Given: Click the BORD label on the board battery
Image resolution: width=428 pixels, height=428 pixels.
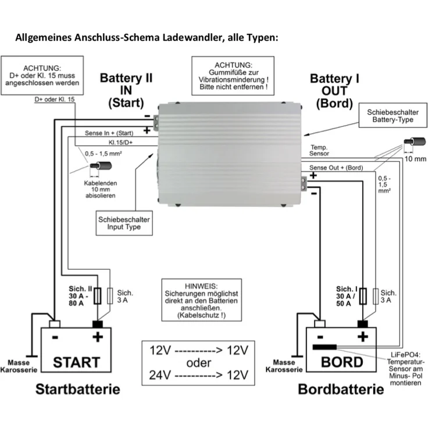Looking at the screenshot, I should point(343,362).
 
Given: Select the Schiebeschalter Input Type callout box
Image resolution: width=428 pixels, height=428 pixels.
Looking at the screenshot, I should point(123,223).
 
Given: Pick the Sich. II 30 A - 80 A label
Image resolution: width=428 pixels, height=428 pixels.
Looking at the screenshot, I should point(79,297).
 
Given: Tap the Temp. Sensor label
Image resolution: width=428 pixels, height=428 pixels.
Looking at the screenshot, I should point(320,151).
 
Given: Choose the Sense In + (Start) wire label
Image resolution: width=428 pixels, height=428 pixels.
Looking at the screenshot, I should point(109,133).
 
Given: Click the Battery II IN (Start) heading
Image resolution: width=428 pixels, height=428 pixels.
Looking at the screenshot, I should point(126,91).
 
